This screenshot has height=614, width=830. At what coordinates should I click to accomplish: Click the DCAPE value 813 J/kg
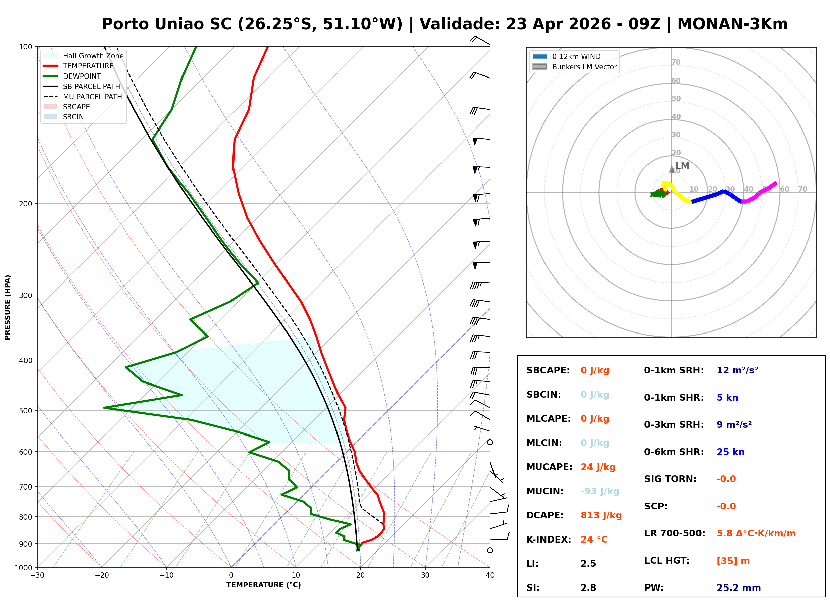point(601,515)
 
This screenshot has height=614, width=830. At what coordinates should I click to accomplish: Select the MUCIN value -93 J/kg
point(600,491)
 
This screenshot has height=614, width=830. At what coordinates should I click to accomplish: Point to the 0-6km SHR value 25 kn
point(730,452)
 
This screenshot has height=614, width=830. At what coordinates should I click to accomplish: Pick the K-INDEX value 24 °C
point(594,540)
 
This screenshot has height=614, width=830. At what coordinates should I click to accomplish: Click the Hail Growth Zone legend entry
point(93,56)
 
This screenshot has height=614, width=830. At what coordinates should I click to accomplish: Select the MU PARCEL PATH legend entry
point(92,97)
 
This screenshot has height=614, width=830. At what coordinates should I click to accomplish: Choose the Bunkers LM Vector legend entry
point(584,67)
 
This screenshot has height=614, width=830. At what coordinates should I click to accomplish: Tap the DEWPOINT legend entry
point(82,76)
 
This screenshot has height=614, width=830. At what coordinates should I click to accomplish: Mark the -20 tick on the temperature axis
point(101,575)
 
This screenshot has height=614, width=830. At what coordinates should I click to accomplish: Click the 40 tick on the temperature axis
point(490,575)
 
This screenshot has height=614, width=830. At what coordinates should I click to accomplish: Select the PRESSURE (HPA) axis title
point(8,307)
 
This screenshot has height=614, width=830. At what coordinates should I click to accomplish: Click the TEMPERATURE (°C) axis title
point(263,585)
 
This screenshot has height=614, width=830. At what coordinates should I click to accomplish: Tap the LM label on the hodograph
point(682,166)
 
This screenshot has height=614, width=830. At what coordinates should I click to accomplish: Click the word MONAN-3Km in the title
point(732,24)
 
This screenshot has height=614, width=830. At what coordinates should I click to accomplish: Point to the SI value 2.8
point(588,588)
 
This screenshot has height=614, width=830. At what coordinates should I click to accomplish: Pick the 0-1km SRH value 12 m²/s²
point(737,370)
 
